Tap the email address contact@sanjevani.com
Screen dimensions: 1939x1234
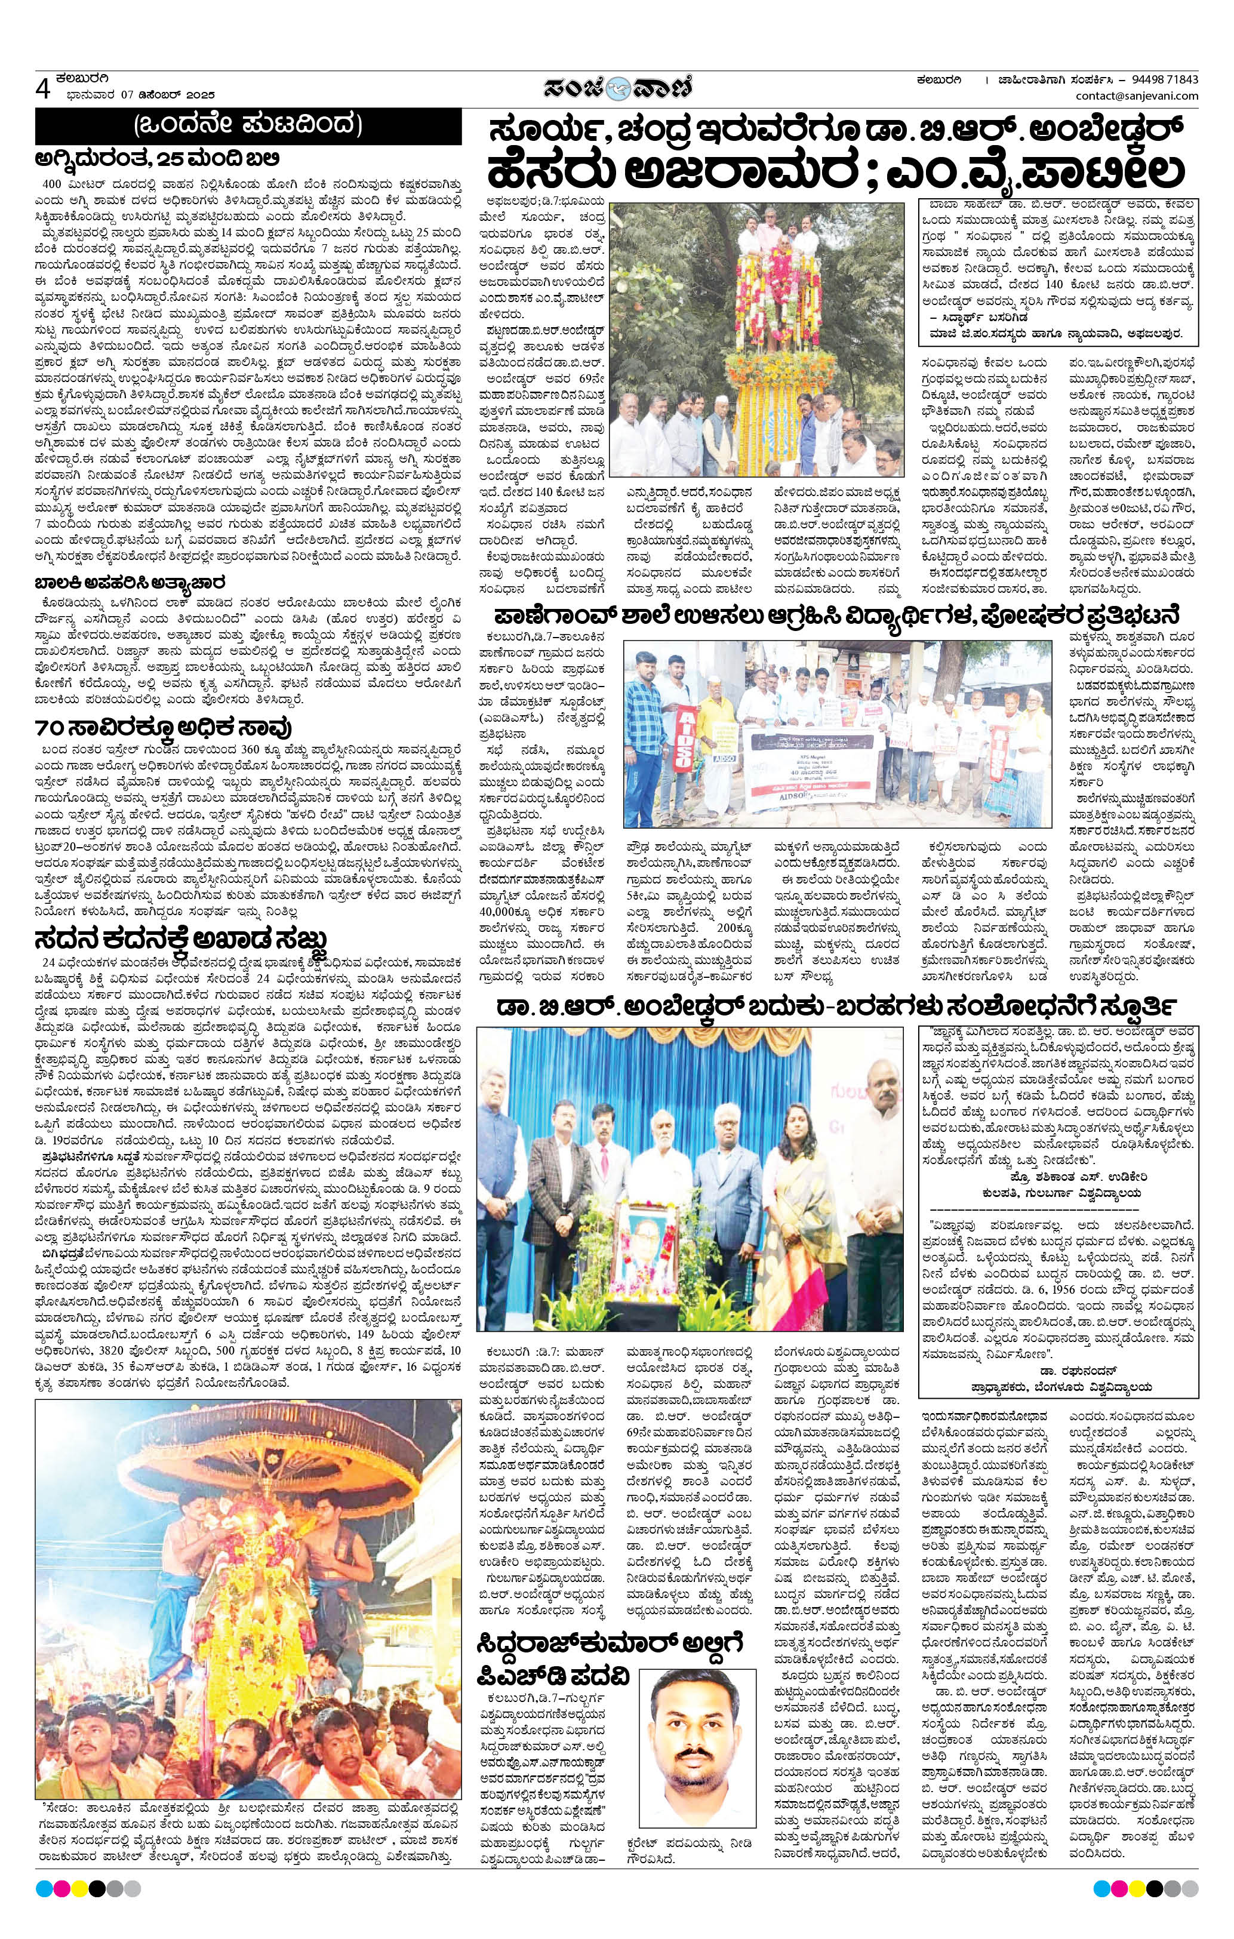click(x=1137, y=97)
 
